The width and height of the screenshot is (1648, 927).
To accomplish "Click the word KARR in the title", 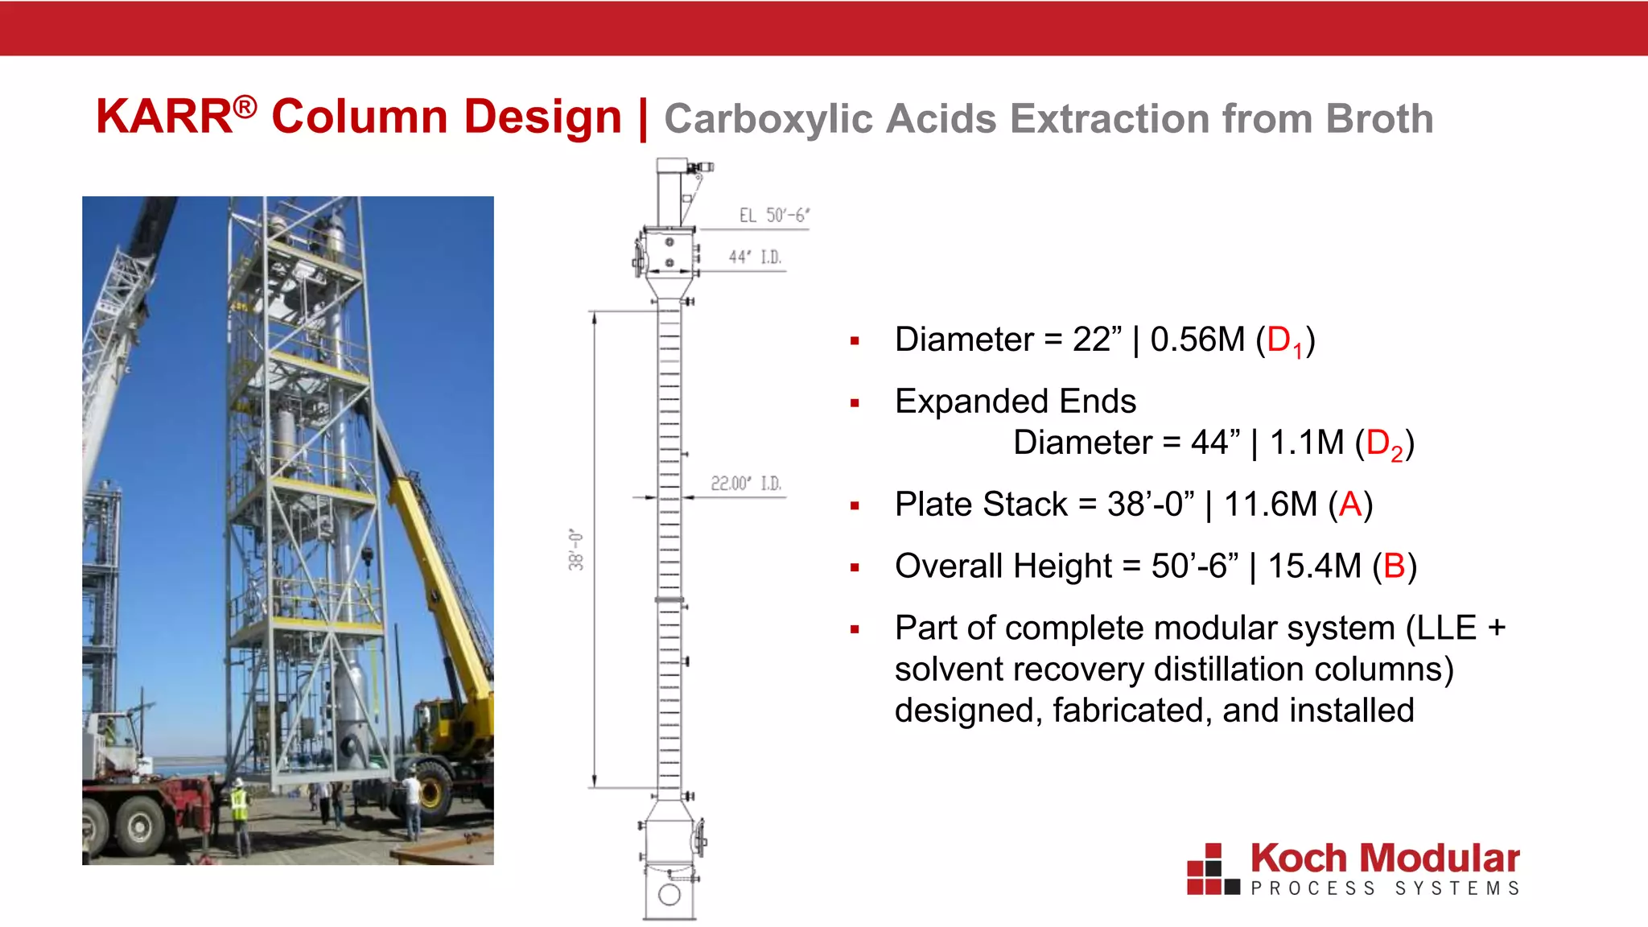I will [165, 117].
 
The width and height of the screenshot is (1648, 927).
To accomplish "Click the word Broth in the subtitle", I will [1378, 119].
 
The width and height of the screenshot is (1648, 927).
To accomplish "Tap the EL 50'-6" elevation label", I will [773, 215].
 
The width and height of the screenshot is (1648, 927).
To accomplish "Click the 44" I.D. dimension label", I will [754, 257].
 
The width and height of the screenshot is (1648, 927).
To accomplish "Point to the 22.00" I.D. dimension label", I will [745, 483].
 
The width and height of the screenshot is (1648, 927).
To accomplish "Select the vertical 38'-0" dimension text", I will [576, 550].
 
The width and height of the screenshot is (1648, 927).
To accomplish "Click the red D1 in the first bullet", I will [1284, 341].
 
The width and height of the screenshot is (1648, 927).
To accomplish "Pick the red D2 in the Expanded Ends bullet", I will [1384, 444].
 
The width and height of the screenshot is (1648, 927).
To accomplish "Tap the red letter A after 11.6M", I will [1350, 505].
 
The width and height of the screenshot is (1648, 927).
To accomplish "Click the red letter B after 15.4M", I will [1395, 566].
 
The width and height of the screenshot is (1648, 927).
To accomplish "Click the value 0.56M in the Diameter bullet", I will [1197, 340].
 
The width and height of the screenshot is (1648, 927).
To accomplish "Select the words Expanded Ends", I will [1015, 401].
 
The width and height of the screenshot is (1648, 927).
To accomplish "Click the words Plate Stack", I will [981, 505].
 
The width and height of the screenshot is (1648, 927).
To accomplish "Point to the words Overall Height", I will [1003, 566].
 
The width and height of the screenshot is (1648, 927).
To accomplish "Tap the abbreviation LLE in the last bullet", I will [1446, 628].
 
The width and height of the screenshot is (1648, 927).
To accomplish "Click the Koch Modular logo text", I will [1385, 859].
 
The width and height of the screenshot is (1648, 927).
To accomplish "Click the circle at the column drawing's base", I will [669, 894].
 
